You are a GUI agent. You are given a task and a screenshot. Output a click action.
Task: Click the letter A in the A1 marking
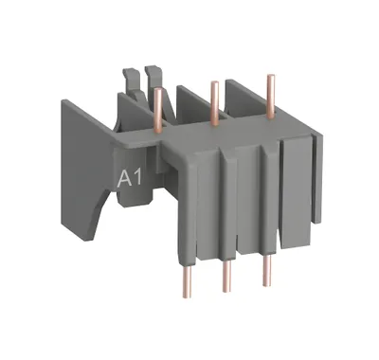[124, 179]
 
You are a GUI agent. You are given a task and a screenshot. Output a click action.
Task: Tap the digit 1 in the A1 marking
[136, 179]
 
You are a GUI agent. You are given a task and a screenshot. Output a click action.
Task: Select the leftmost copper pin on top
[158, 110]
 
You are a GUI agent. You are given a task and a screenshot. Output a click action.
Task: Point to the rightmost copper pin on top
[271, 96]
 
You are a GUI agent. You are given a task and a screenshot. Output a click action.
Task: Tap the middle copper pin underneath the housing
[226, 276]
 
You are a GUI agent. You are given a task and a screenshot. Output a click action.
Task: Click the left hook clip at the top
[132, 82]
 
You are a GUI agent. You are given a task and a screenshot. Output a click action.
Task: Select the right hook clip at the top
[155, 79]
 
